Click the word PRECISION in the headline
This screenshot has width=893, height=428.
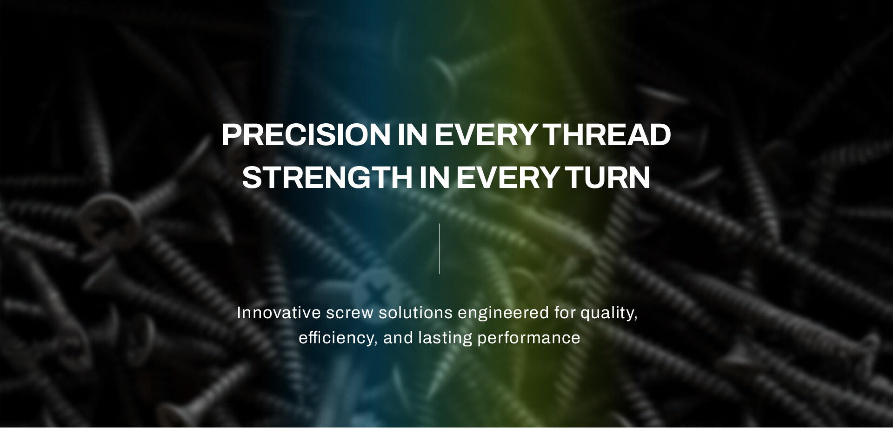tap(306, 135)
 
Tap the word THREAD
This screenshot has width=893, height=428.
tap(607, 135)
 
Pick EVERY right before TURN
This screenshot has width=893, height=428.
tap(507, 177)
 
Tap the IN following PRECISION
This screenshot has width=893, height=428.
tap(412, 135)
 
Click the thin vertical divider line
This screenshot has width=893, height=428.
tap(440, 249)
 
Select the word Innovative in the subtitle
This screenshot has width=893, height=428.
tap(279, 313)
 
